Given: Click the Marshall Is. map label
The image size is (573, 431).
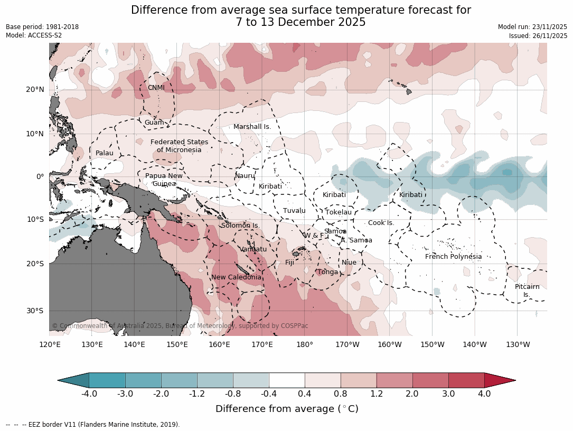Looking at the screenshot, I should (252, 127).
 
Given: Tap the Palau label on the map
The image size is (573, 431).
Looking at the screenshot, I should (104, 153).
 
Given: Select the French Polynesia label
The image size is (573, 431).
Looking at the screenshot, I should (453, 257).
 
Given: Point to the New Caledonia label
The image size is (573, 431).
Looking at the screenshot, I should (236, 277).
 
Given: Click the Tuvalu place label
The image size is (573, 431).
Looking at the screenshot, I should (294, 211).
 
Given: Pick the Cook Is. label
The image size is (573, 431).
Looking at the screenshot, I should (381, 223).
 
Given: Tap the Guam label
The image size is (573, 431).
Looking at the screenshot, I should (154, 123).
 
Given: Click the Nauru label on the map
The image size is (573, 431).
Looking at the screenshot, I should (245, 175).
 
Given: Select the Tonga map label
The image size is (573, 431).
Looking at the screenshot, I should (327, 272).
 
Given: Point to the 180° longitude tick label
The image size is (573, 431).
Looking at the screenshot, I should (305, 345).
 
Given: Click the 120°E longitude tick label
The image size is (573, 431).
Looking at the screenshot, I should (50, 345).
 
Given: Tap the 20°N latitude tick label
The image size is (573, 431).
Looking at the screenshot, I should (35, 90).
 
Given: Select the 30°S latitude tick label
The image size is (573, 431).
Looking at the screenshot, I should (35, 311).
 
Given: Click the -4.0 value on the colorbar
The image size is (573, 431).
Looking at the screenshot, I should (89, 393).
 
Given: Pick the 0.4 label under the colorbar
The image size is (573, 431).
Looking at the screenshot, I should (305, 393).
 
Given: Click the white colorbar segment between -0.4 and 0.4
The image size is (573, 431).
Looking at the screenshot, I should (287, 380).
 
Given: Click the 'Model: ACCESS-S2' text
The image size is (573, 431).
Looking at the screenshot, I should (34, 35).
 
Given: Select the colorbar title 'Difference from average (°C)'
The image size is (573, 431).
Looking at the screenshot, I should (287, 409).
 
